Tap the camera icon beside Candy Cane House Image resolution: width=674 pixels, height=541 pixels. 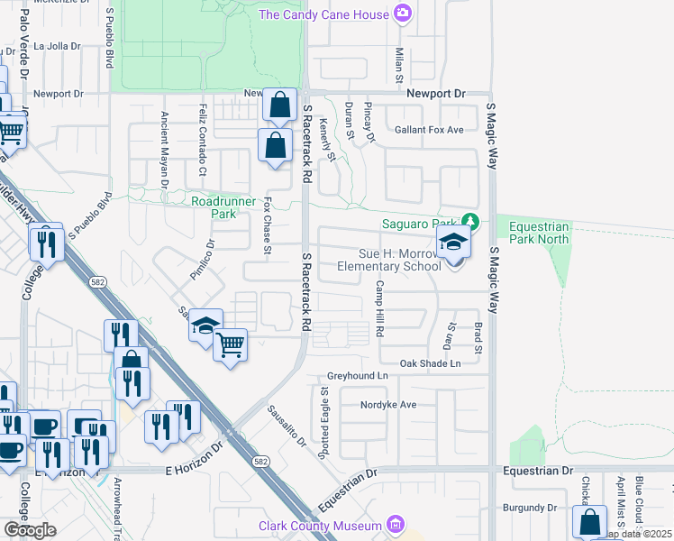(x=403, y=14)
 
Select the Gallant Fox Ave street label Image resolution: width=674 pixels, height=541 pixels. (x=429, y=130)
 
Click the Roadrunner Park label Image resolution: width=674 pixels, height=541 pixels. (x=214, y=207)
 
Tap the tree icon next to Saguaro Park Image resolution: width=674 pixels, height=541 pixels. (x=469, y=221)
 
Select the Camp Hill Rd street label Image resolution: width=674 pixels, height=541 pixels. (x=380, y=309)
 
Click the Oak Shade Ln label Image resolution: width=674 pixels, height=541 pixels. (x=431, y=363)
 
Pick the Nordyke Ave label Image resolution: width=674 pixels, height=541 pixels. (x=387, y=405)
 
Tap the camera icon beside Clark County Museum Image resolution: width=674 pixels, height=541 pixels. (x=394, y=524)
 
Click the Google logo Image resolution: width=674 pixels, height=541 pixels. (x=30, y=530)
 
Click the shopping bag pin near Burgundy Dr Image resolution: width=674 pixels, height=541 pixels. (x=589, y=521)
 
